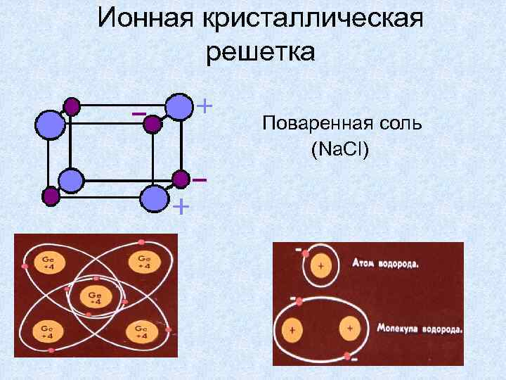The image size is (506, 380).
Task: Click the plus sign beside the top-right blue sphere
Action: [x=204, y=106]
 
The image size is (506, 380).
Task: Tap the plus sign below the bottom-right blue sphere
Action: [x=181, y=207]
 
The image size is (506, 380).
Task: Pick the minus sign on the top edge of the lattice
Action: [x=138, y=113]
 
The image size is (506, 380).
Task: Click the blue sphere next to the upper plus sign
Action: [x=179, y=106]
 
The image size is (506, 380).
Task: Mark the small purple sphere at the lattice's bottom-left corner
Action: [x=51, y=196]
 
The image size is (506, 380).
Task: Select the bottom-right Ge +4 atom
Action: [x=140, y=332]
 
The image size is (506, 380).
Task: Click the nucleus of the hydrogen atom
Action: [x=321, y=267]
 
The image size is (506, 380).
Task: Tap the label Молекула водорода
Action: [x=420, y=329]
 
